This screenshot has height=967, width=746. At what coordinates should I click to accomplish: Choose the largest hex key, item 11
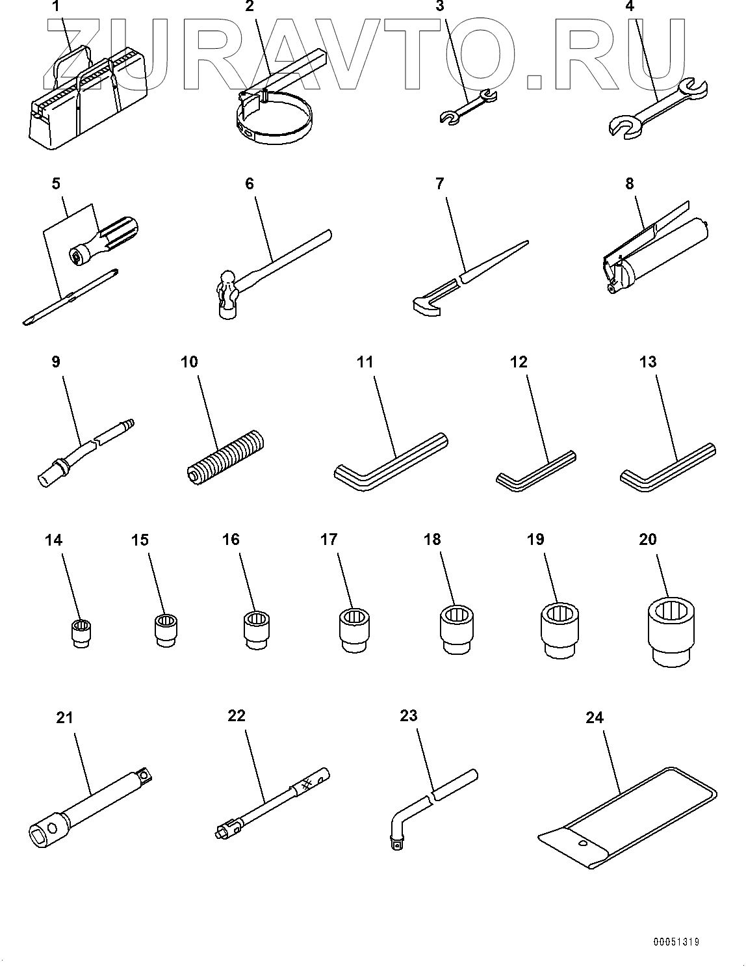pos(391,462)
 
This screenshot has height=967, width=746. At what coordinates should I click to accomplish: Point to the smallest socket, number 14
pos(81,632)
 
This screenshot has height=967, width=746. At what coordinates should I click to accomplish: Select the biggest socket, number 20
pos(671,632)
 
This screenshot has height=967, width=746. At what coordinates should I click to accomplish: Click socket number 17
pos(354,631)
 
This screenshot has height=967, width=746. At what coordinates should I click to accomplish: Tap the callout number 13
pos(647,362)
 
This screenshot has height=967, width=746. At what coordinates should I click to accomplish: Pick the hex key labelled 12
pos(535,471)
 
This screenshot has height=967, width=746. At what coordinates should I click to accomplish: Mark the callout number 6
pos(250,183)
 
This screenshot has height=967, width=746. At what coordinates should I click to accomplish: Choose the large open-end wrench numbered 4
pos(658,109)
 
